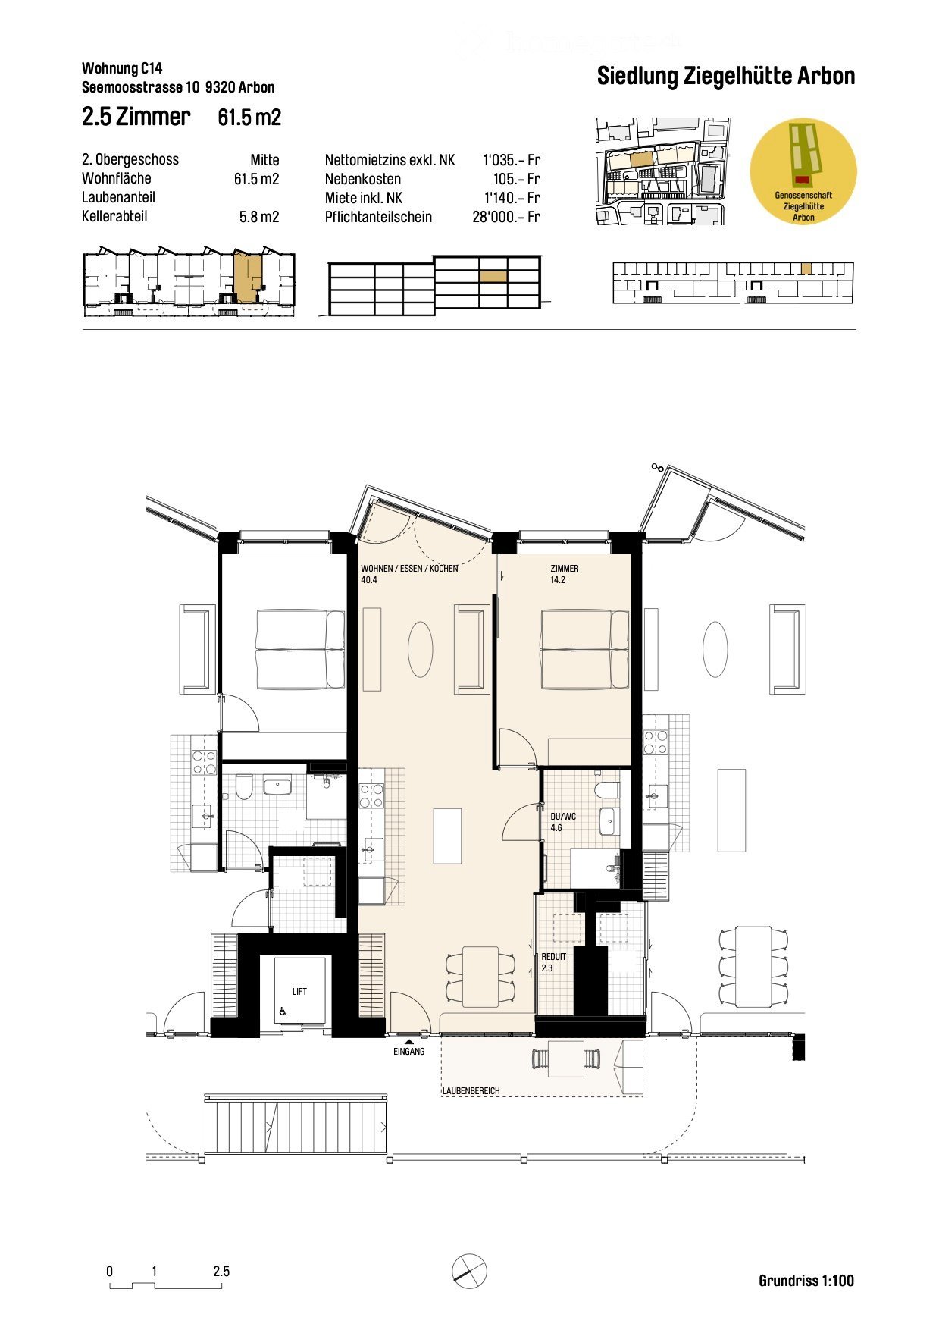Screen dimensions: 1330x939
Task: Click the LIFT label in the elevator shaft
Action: click(x=299, y=991)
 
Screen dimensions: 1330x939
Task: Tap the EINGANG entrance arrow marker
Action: click(x=409, y=1043)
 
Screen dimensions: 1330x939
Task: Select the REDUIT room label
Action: click(x=553, y=957)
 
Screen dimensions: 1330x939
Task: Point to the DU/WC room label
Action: click(x=562, y=816)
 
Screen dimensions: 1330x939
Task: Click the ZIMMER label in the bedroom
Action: click(x=565, y=569)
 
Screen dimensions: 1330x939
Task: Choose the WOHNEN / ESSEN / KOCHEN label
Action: click(x=409, y=569)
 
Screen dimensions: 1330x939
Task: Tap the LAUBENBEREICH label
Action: click(x=471, y=1090)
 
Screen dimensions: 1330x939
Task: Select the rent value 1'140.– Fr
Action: click(x=512, y=198)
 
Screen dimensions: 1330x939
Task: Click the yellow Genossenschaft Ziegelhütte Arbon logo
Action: click(x=803, y=171)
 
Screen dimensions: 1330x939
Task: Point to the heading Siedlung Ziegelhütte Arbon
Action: click(x=725, y=77)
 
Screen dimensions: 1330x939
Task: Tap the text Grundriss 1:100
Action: click(x=806, y=1281)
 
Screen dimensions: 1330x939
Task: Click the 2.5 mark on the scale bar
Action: click(x=221, y=1272)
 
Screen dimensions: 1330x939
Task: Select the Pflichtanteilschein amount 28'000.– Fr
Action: click(x=505, y=217)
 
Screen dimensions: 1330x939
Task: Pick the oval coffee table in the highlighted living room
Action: click(x=420, y=649)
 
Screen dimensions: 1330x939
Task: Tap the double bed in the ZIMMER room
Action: click(x=584, y=650)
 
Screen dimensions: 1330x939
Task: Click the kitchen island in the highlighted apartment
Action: click(x=447, y=836)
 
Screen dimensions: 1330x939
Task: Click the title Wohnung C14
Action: click(x=122, y=70)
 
